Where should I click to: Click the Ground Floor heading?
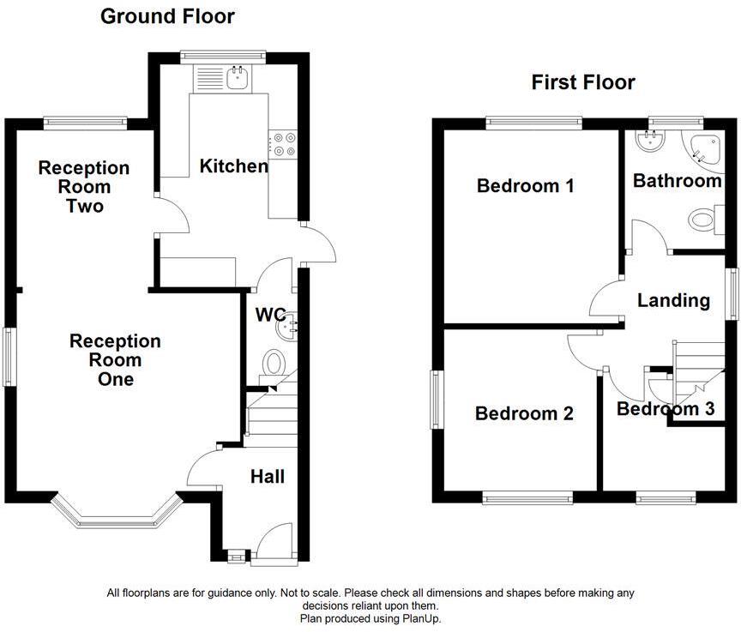(x=167, y=16)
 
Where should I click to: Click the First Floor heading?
(x=583, y=82)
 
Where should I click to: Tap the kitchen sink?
(x=238, y=80)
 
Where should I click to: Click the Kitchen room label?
(x=233, y=166)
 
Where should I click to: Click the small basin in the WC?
(x=292, y=323)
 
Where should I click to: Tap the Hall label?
(x=268, y=477)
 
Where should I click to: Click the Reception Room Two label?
(x=84, y=187)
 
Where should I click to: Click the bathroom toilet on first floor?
(x=702, y=220)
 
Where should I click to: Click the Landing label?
(x=673, y=300)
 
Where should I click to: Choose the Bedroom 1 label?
(x=526, y=185)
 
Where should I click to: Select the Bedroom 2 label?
(x=524, y=413)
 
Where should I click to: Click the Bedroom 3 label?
(x=666, y=409)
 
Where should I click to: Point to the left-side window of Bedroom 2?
(x=436, y=400)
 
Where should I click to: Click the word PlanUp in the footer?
(x=420, y=618)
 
